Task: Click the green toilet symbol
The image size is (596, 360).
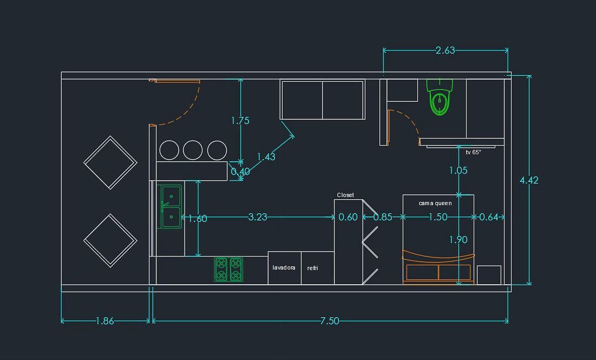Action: [440, 97]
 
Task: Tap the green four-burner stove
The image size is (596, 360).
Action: [228, 269]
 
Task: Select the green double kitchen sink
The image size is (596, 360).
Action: [170, 206]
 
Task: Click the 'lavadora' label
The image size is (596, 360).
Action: [284, 267]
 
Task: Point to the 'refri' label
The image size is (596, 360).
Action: [312, 268]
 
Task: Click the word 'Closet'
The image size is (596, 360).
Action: [345, 195]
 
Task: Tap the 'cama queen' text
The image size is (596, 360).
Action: [435, 204]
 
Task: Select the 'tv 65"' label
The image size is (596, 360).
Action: [473, 153]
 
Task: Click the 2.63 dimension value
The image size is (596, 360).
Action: [445, 50]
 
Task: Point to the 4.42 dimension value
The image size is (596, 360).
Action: [529, 180]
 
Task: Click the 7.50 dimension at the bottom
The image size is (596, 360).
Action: [329, 321]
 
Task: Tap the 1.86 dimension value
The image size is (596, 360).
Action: [104, 321]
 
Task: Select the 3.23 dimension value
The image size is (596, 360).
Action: [258, 217]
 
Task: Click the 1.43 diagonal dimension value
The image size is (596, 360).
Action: [266, 157]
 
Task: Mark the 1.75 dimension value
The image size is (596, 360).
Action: [240, 121]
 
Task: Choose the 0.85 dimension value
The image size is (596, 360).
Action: [383, 217]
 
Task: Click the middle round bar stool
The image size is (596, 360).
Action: [193, 150]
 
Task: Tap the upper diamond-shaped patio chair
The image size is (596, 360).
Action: [110, 162]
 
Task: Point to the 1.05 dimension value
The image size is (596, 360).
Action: [458, 171]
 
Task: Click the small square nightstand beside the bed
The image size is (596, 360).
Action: [489, 275]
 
